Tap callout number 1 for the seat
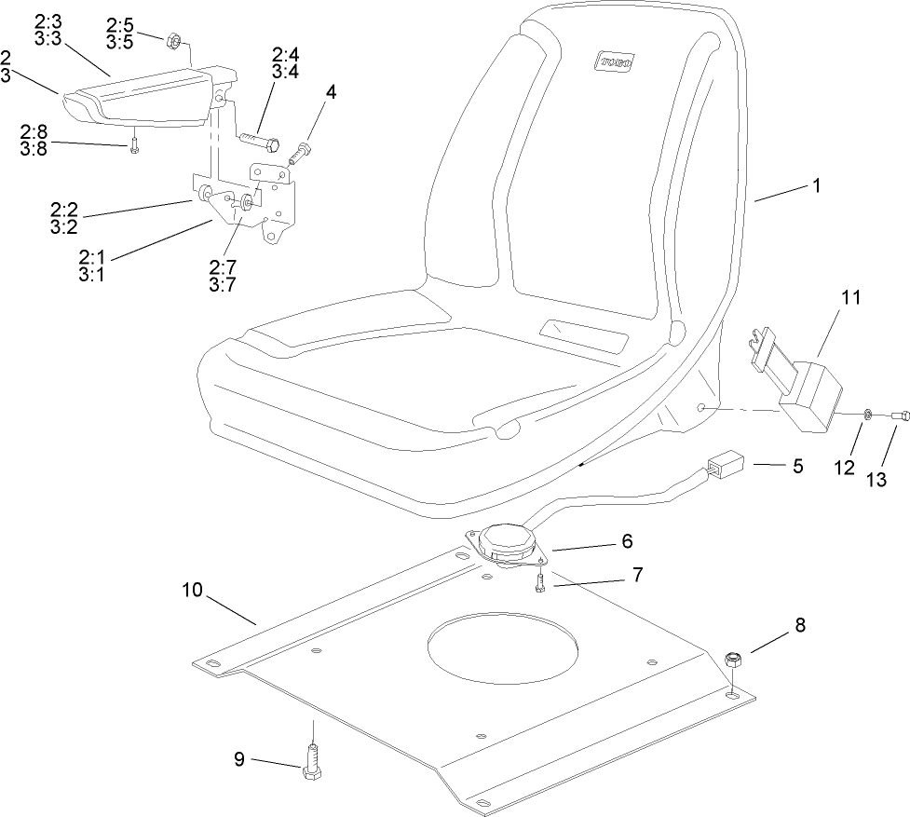pos(816,185)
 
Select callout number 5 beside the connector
pos(796,466)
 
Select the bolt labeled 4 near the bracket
pos(303,150)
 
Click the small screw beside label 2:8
pos(135,145)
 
